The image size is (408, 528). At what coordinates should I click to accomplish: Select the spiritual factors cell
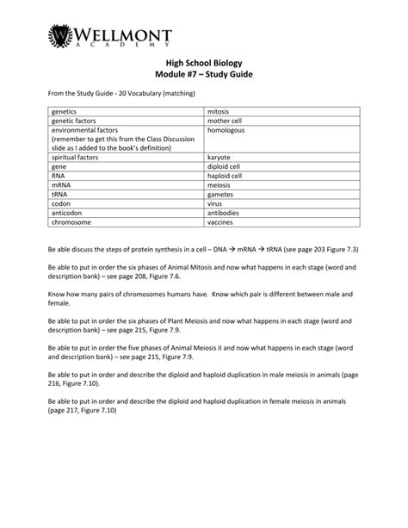point(77,158)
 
